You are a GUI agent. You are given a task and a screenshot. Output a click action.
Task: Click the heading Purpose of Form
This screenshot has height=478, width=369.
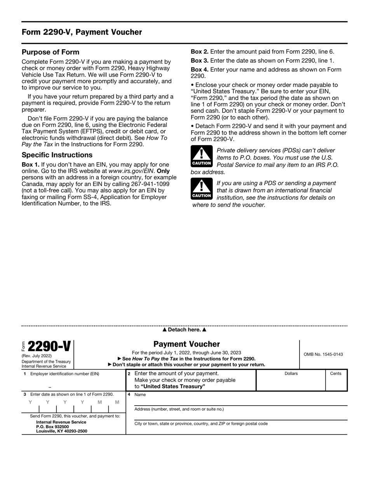50,52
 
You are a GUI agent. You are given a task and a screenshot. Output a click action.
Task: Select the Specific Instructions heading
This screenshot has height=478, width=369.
57,155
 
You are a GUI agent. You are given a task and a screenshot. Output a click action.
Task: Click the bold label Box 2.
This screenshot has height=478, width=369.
199,51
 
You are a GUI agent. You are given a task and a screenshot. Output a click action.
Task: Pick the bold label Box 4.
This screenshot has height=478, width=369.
199,70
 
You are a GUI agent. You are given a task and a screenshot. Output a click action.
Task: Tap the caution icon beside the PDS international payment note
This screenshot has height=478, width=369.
202,189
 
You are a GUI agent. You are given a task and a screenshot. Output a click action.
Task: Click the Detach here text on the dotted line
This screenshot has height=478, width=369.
184,330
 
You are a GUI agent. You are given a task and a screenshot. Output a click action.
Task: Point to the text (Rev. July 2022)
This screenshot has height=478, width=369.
37,355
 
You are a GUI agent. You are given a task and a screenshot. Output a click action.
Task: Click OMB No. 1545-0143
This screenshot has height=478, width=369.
323,354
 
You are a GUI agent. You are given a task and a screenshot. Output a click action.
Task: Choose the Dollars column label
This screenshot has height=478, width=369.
291,373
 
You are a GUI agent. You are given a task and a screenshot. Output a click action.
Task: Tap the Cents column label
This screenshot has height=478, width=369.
336,373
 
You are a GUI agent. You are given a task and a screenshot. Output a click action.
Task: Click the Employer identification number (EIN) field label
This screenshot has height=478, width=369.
64,374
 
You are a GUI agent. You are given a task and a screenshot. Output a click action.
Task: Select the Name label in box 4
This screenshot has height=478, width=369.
140,394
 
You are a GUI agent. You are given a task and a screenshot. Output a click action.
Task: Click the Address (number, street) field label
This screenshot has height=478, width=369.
179,409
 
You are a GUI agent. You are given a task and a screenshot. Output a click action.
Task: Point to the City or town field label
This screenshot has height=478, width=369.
201,424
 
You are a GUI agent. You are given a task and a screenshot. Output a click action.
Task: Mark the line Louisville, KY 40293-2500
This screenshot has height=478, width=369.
62,431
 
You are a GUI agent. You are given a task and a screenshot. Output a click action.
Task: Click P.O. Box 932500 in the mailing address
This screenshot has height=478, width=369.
52,427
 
